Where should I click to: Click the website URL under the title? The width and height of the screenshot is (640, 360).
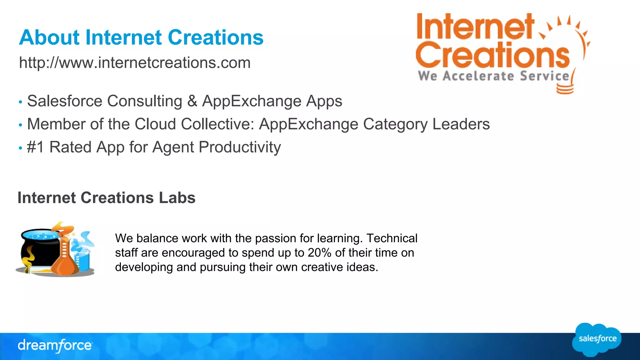[135, 63]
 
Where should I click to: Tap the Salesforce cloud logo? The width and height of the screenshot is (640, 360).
[597, 339]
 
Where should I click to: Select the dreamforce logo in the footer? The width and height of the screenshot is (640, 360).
[55, 346]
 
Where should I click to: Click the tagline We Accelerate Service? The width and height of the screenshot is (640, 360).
[494, 76]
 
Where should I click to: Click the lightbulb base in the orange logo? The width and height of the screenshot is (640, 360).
[565, 89]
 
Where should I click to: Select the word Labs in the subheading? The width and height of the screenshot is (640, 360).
[177, 198]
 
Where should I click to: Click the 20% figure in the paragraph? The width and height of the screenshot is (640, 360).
[319, 253]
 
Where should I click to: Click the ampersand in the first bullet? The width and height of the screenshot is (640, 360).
[192, 101]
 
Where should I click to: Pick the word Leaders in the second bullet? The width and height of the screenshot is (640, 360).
[461, 124]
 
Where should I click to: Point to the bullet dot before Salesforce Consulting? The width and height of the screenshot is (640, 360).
[20, 102]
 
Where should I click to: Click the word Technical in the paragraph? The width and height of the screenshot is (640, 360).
[392, 238]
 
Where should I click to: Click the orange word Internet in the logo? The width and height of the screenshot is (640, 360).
[475, 27]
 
